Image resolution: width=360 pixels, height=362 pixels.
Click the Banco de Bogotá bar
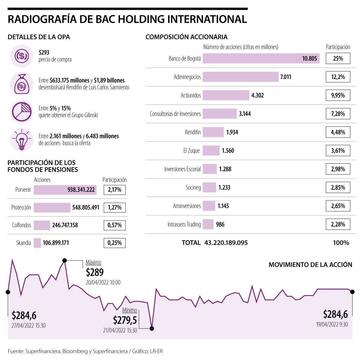coord(261,58)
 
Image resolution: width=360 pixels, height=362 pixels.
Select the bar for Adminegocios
coord(241,77)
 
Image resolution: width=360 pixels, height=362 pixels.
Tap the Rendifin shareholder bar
coord(213,132)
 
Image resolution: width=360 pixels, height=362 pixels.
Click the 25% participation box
coord(338,58)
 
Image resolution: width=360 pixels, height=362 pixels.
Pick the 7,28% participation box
coord(338,114)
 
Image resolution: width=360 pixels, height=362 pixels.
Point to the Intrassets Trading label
coord(184,224)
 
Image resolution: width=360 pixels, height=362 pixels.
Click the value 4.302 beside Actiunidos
coord(257,95)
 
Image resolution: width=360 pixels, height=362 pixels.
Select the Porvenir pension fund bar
coord(65,190)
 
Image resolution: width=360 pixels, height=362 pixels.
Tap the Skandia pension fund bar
coord(37,243)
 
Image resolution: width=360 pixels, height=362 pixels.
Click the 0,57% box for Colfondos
coord(115,225)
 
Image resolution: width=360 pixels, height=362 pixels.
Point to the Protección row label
coord(21,207)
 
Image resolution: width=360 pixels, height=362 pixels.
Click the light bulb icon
coord(22,140)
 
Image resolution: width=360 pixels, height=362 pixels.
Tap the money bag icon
coord(22,84)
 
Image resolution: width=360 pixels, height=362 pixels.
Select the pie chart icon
coord(22,112)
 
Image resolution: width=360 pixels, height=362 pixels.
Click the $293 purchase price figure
coord(44,52)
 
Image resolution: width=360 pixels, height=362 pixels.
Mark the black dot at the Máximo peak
coord(64,260)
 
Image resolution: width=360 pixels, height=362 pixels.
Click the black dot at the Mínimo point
coord(152,328)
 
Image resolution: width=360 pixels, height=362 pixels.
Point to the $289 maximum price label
coord(94,272)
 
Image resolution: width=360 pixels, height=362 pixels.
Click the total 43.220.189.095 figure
coord(226,243)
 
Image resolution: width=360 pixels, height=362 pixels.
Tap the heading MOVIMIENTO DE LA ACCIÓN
coord(310,265)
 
